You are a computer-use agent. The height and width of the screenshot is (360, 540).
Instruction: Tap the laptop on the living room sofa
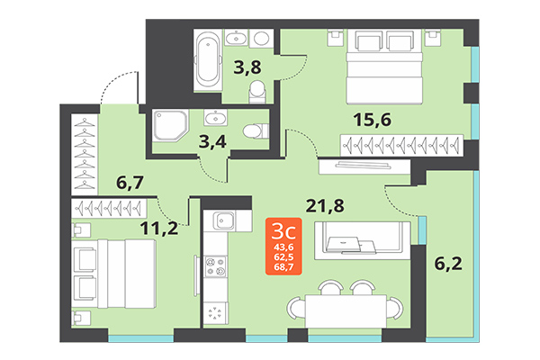[x=346, y=241]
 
